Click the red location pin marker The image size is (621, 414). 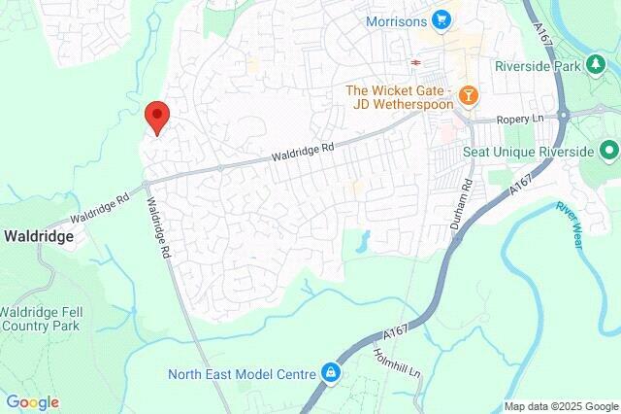click(x=156, y=117)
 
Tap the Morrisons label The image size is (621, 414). click(x=397, y=20)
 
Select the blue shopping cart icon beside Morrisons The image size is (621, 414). click(x=442, y=19)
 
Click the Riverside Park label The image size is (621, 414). click(x=537, y=66)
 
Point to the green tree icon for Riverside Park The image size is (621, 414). click(x=595, y=65)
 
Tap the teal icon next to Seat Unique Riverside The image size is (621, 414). click(x=609, y=151)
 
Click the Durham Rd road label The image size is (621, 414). click(x=467, y=203)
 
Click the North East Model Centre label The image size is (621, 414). click(x=242, y=373)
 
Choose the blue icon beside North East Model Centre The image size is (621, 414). click(x=331, y=372)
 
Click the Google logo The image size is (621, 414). click(x=32, y=402)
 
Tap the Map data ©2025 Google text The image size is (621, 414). click(x=561, y=406)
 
